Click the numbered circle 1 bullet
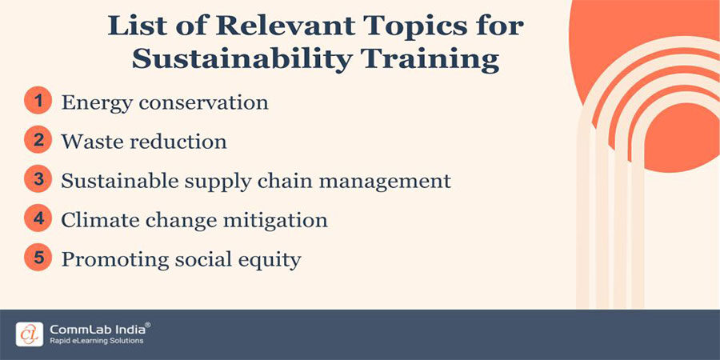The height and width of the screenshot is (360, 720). tap(37, 102)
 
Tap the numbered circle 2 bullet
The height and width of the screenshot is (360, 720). tap(37, 141)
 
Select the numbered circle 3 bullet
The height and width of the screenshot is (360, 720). tap(37, 180)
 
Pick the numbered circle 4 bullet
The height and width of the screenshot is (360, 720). tap(37, 219)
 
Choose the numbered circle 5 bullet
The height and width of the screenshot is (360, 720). tap(37, 258)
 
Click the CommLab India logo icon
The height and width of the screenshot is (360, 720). tap(30, 333)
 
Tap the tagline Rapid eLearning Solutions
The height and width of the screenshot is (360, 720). tap(96, 341)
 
